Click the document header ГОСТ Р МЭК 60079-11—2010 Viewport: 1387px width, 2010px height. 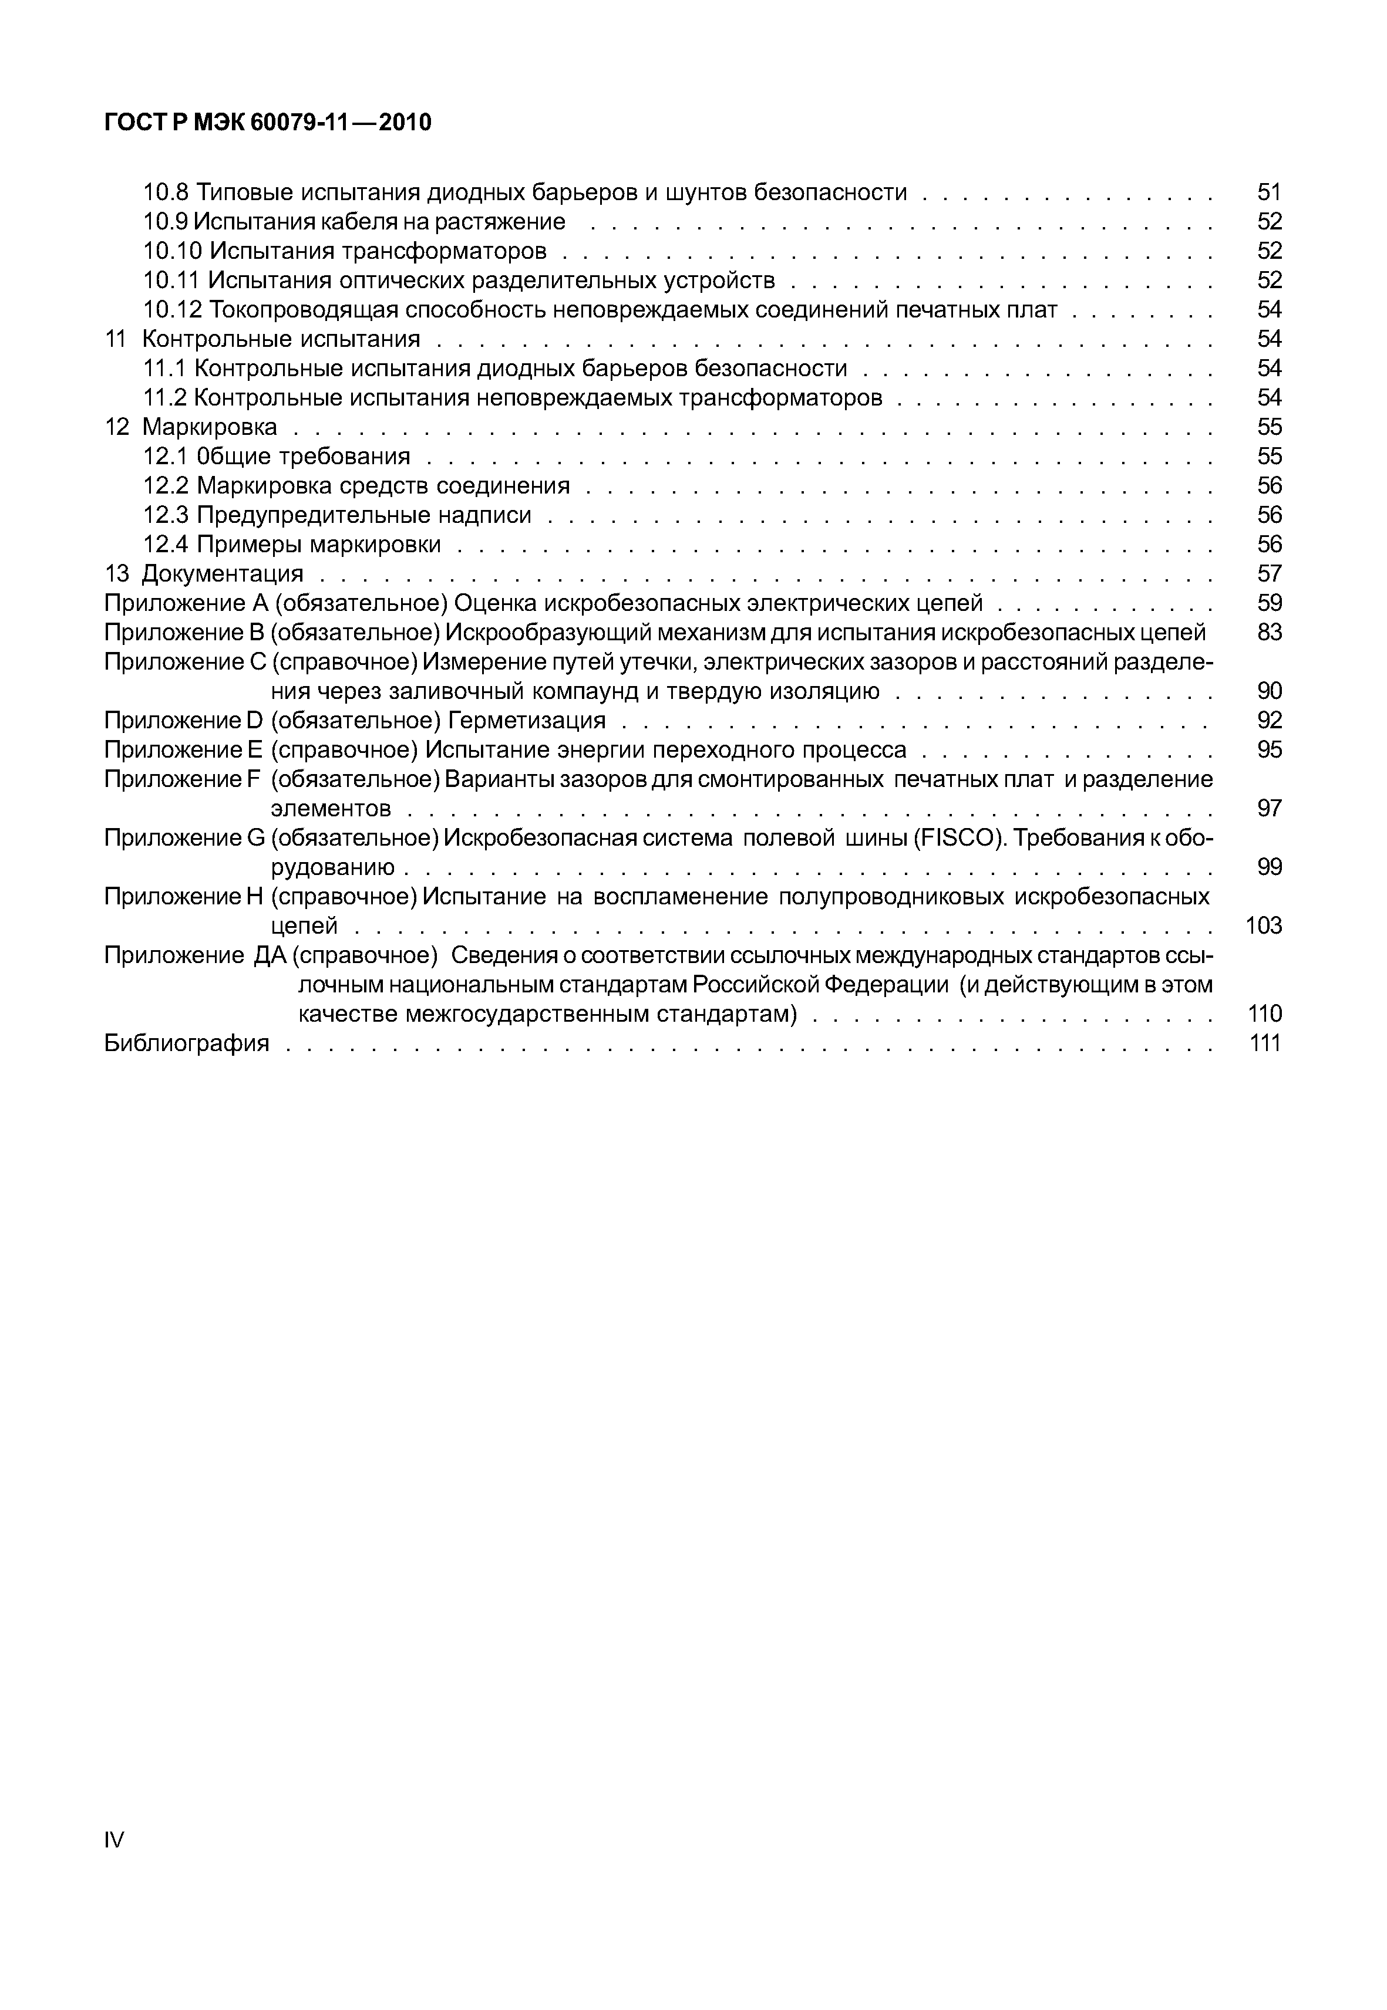268,123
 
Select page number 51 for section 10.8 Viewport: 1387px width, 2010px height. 1269,192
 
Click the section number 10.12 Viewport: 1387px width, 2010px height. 172,309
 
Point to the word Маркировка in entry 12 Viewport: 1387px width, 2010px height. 210,427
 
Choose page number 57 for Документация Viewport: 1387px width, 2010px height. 1269,573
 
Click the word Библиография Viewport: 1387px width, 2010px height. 187,1042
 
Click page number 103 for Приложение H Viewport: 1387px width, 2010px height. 1264,925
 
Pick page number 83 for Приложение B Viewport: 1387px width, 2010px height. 1269,633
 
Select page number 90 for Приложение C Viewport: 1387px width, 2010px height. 1269,691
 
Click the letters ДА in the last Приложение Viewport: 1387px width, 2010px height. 268,955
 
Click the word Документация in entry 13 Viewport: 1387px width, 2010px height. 223,573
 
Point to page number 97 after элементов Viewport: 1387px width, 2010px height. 1269,808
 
